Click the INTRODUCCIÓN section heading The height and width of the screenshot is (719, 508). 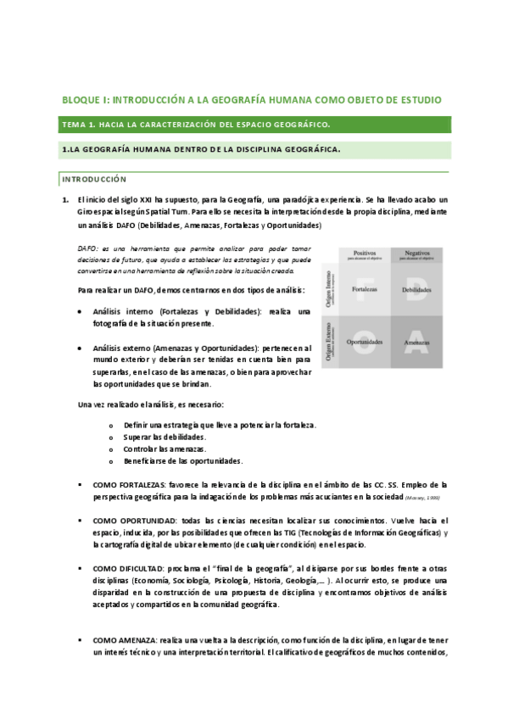[x=93, y=179]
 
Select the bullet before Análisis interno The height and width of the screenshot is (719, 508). [x=80, y=312]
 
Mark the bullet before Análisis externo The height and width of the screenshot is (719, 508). [x=80, y=348]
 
